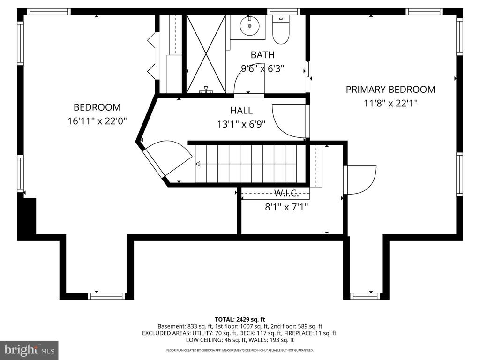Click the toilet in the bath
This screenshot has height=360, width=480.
pyautogui.click(x=281, y=30)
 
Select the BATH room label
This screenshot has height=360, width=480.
pyautogui.click(x=262, y=55)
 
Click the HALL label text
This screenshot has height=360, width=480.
pyautogui.click(x=241, y=110)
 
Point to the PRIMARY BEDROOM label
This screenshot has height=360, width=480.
pyautogui.click(x=390, y=90)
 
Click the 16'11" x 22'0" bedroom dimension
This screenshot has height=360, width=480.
pyautogui.click(x=97, y=121)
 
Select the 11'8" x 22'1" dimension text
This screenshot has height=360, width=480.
pyautogui.click(x=390, y=104)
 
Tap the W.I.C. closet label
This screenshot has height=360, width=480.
pyautogui.click(x=286, y=193)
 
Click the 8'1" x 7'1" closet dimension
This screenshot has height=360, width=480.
pyautogui.click(x=286, y=207)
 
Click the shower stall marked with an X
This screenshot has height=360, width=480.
pyautogui.click(x=206, y=54)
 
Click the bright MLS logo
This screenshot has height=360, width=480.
pyautogui.click(x=29, y=350)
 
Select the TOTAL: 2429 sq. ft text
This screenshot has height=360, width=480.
pyautogui.click(x=240, y=320)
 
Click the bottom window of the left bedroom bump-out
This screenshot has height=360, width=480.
pyautogui.click(x=106, y=296)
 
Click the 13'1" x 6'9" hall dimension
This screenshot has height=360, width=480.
pyautogui.click(x=241, y=124)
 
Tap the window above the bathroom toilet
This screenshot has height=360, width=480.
pyautogui.click(x=284, y=12)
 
